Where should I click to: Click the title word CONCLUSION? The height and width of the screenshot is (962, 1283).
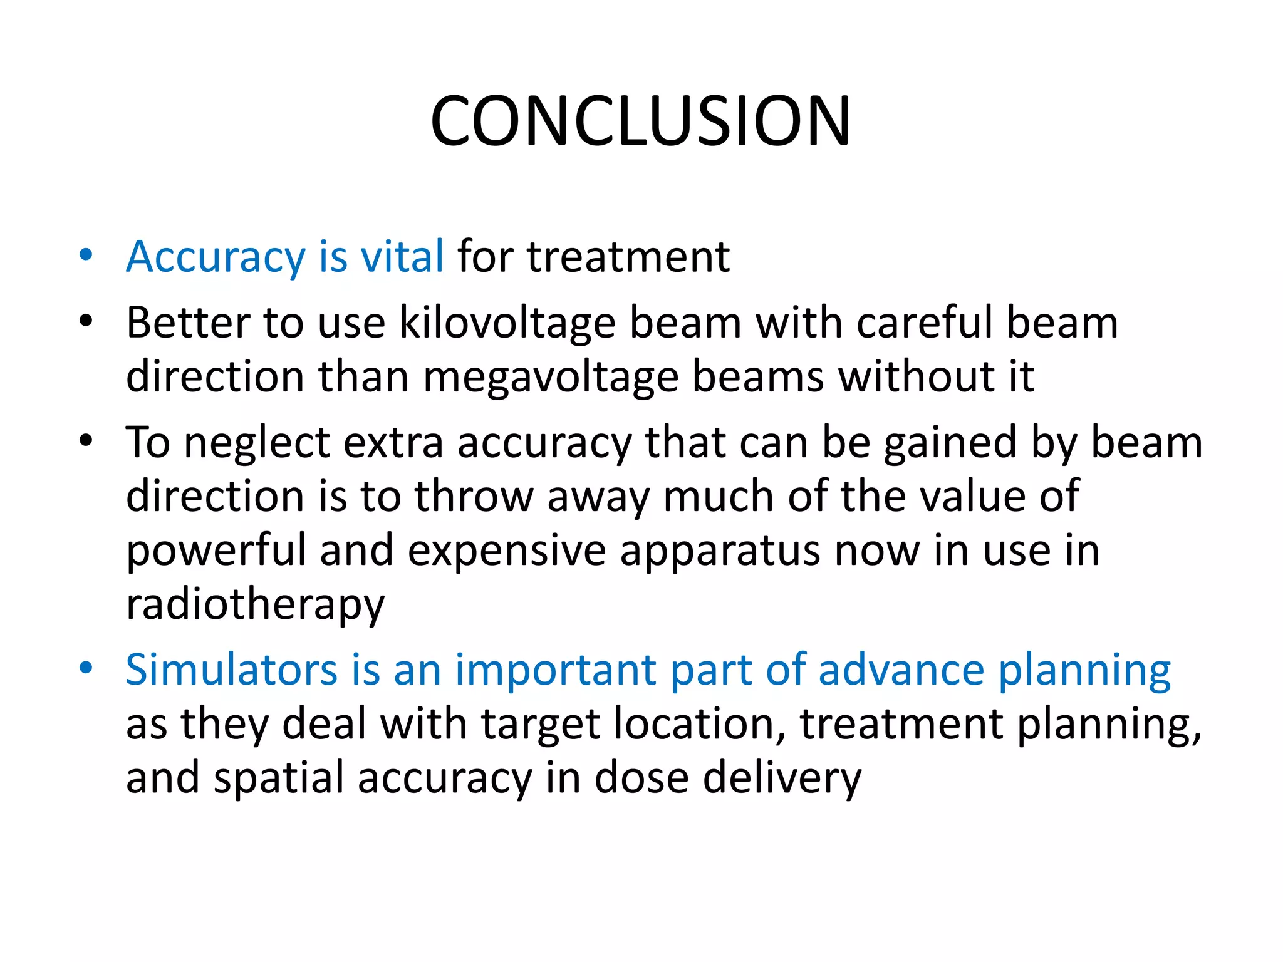[x=640, y=122]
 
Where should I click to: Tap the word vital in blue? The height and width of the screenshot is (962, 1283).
[x=402, y=257]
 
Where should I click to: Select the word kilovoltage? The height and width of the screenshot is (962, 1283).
[x=507, y=323]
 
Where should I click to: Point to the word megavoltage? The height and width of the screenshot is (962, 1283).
[x=551, y=377]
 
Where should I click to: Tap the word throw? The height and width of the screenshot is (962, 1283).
[x=473, y=497]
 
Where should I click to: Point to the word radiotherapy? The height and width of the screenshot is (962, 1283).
[x=255, y=605]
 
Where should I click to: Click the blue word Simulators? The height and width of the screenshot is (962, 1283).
[x=232, y=670]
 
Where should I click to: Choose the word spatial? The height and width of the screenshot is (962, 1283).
[x=279, y=778]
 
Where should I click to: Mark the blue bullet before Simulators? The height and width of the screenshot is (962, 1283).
[x=86, y=668]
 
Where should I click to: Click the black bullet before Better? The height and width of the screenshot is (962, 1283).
[x=86, y=321]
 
